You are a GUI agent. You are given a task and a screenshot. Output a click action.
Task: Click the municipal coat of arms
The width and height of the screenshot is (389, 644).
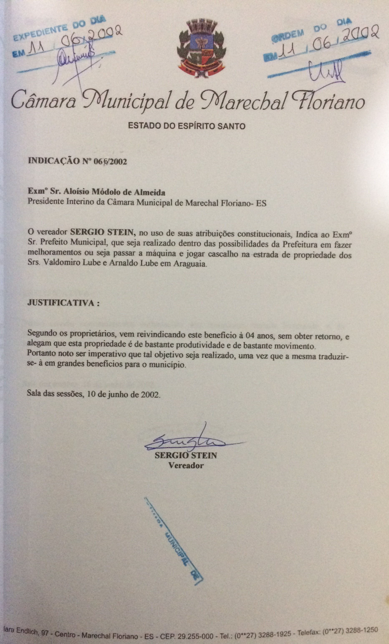[201, 50]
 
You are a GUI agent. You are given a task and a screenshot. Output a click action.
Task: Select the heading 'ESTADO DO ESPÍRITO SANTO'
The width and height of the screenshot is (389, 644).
[187, 127]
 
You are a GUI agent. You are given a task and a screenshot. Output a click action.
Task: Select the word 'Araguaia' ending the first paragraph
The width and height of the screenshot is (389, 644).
[190, 264]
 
